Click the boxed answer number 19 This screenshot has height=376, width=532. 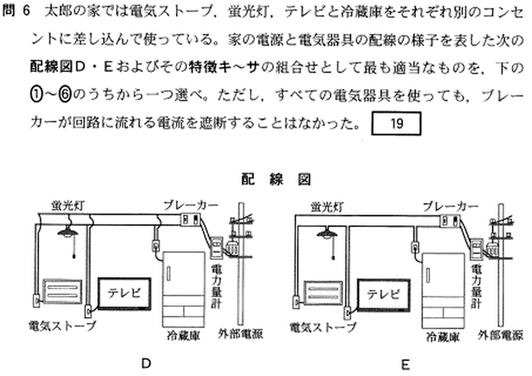point(396,124)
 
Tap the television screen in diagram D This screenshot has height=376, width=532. point(124,293)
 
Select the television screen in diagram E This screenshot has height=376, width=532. point(384,295)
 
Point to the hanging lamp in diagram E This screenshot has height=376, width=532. point(327,234)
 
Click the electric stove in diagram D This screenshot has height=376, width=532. point(63,291)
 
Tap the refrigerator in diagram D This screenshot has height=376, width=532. point(184,289)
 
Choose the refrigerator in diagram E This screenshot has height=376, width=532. point(443,290)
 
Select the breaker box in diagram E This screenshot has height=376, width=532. point(449,221)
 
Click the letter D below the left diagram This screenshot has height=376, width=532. point(146,363)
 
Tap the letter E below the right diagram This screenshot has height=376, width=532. point(406,365)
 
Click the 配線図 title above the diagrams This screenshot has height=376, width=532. point(276,179)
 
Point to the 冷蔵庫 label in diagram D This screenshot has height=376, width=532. point(183,335)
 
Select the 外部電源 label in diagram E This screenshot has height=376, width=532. point(500,335)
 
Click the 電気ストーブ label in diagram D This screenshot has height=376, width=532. point(62,325)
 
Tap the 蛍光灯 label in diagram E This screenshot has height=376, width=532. point(327,207)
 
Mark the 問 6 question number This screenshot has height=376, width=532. point(16,11)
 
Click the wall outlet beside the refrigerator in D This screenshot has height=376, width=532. point(155,246)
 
